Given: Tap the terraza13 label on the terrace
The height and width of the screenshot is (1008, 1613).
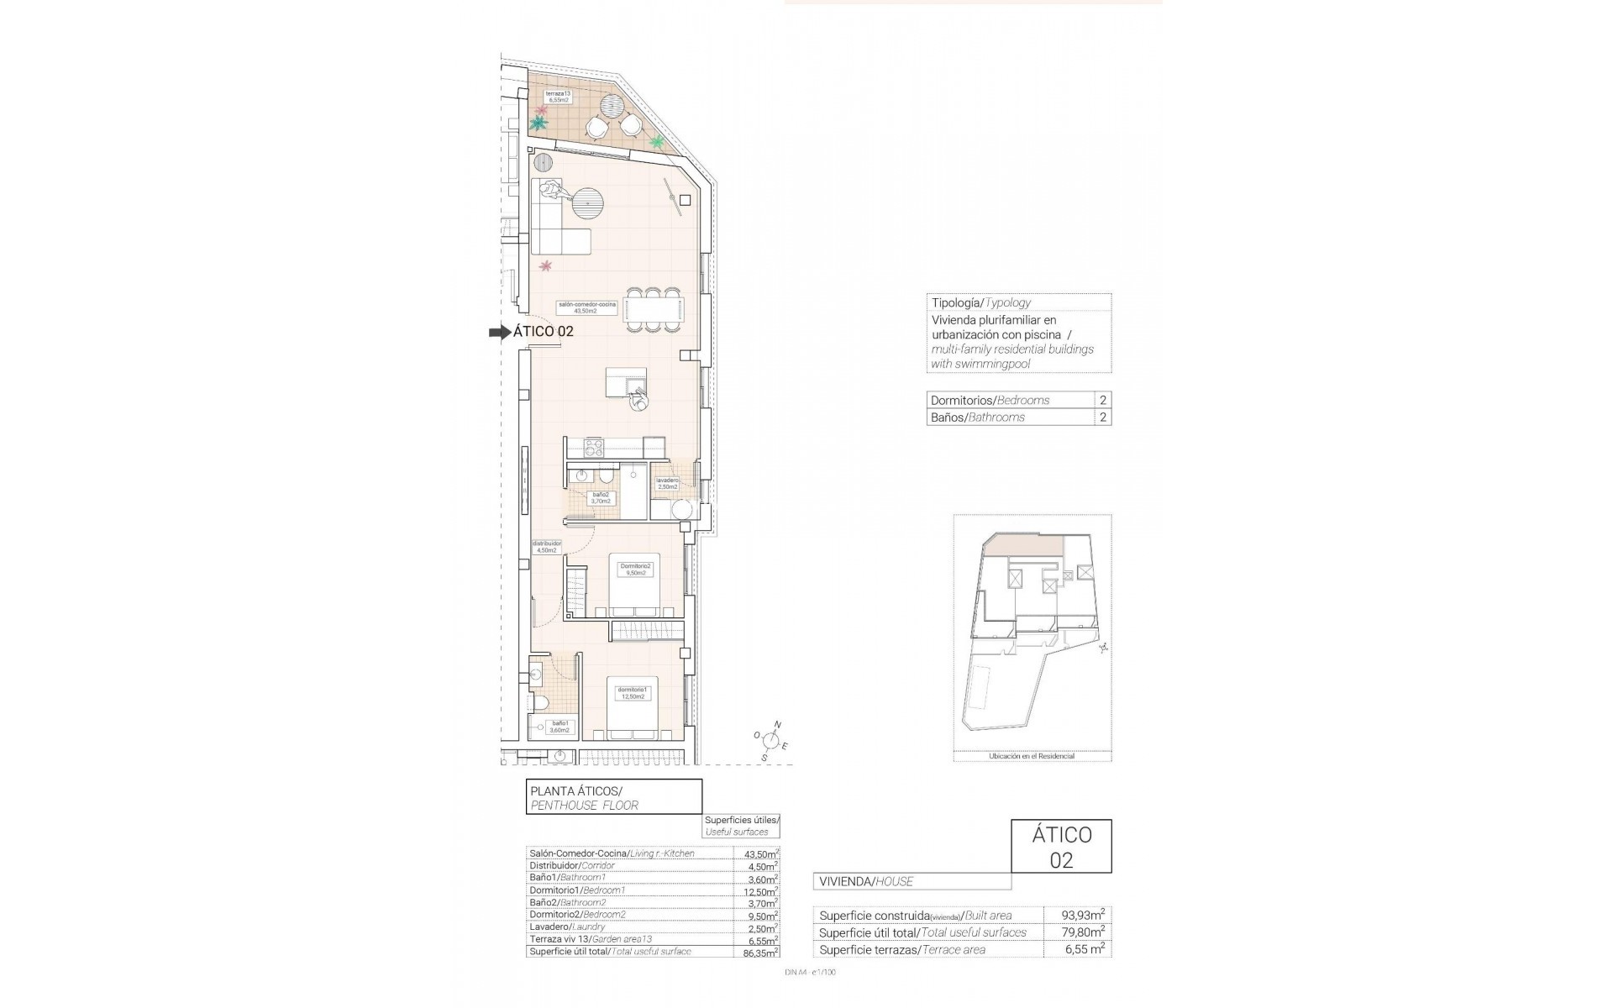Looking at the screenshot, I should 558,97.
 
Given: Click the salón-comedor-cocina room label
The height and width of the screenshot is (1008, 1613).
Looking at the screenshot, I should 586,307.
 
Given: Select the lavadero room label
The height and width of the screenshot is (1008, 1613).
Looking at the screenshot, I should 667,483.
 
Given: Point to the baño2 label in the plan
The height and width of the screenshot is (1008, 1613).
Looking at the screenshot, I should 601,498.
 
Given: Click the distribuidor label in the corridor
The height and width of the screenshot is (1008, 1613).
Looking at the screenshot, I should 547,546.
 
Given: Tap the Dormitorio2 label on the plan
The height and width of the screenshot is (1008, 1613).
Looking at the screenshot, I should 635,570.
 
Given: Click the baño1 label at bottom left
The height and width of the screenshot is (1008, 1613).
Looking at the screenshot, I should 560,727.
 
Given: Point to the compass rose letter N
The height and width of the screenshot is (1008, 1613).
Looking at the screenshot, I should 778,724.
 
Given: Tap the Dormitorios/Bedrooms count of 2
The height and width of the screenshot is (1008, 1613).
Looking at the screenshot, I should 1102,401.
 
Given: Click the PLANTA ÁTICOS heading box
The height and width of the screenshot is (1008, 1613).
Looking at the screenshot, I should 613,797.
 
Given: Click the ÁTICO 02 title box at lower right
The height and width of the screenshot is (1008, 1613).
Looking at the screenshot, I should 1061,847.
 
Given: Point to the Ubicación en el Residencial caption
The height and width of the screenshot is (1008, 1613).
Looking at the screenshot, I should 1032,756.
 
